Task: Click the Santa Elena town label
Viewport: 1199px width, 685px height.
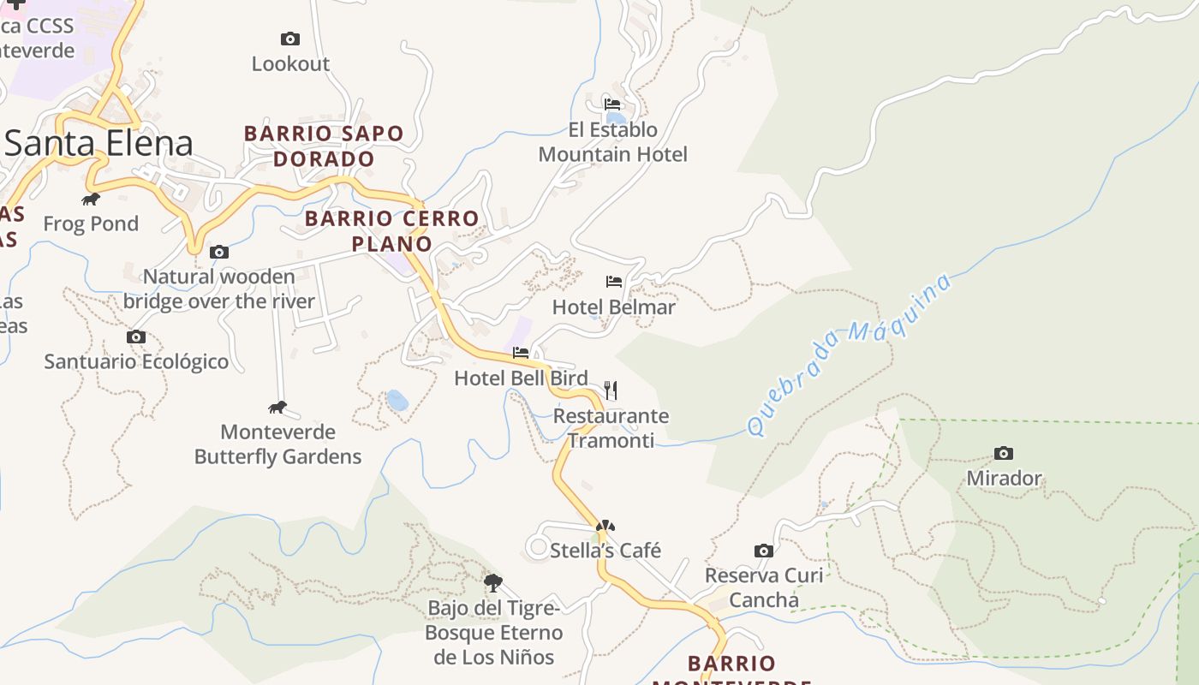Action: [x=99, y=143]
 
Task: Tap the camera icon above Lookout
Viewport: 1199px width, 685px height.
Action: [x=290, y=39]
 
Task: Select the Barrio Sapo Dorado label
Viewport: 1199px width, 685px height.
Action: [x=324, y=146]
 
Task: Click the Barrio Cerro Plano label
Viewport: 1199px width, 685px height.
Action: [x=391, y=230]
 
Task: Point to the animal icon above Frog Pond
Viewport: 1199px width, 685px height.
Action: [x=91, y=200]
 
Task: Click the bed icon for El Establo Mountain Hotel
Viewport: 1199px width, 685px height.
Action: [x=612, y=104]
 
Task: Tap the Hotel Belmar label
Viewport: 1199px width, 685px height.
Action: [x=614, y=307]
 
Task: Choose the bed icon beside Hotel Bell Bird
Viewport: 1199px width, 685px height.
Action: [x=521, y=352]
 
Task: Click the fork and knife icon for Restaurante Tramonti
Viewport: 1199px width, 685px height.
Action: [x=611, y=390]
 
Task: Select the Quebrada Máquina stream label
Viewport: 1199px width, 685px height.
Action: [x=849, y=354]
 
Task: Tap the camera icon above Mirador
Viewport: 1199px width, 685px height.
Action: [x=1004, y=453]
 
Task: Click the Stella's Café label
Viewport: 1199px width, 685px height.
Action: [x=605, y=550]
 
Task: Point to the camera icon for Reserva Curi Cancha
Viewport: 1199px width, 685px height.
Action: [x=764, y=551]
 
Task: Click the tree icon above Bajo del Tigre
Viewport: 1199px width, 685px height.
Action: [x=492, y=583]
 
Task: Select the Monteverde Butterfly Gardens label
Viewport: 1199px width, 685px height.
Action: [x=277, y=444]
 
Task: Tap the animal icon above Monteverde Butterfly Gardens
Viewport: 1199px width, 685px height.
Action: [x=277, y=408]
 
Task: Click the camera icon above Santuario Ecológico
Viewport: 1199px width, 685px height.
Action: [x=136, y=337]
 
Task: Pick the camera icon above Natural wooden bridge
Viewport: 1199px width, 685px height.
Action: [x=219, y=252]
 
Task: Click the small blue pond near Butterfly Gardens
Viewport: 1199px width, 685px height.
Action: [x=397, y=400]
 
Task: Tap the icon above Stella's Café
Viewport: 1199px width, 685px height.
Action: [x=605, y=525]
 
